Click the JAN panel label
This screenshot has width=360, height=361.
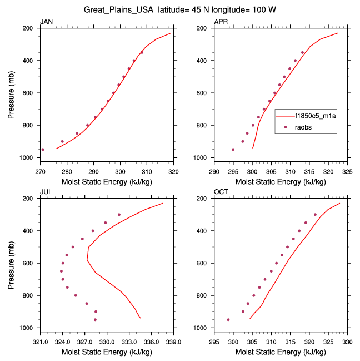(46, 21)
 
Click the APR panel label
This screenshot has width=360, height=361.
(221, 21)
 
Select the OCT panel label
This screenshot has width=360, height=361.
(221, 192)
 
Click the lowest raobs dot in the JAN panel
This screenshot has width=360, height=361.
(43, 150)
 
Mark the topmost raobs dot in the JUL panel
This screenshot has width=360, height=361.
(119, 215)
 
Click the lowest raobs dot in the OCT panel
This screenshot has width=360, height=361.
(228, 320)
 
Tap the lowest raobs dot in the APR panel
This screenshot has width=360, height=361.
(233, 150)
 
